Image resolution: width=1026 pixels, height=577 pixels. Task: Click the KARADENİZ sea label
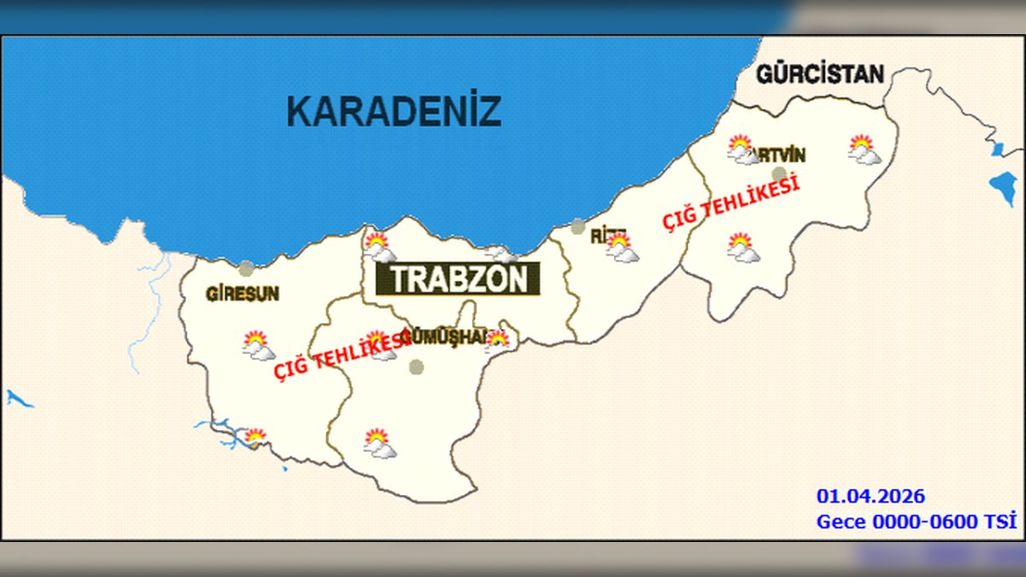(x=393, y=112)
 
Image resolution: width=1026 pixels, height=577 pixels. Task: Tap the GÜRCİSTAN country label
(x=820, y=74)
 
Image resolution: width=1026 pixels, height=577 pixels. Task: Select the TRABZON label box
(x=458, y=280)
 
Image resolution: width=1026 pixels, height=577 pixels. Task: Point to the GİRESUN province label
(x=243, y=294)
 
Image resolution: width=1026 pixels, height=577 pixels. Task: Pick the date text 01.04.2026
(x=870, y=497)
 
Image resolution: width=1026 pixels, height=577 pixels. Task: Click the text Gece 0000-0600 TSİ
(x=917, y=521)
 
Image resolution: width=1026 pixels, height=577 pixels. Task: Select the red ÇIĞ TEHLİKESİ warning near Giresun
(x=339, y=356)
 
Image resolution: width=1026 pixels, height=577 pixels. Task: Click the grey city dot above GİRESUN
(x=246, y=268)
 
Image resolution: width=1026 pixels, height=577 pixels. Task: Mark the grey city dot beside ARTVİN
(x=778, y=174)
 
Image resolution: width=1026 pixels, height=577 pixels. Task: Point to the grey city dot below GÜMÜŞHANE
(x=416, y=367)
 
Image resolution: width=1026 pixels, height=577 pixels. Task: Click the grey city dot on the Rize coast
(x=578, y=227)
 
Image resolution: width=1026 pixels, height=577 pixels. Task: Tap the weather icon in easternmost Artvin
(x=864, y=150)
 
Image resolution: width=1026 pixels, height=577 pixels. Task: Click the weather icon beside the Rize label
(x=622, y=248)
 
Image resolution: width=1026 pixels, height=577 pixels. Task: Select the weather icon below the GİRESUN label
(x=257, y=345)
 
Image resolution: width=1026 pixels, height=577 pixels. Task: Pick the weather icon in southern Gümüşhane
(x=379, y=444)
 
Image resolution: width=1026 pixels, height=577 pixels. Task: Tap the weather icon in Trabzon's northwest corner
(x=379, y=247)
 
